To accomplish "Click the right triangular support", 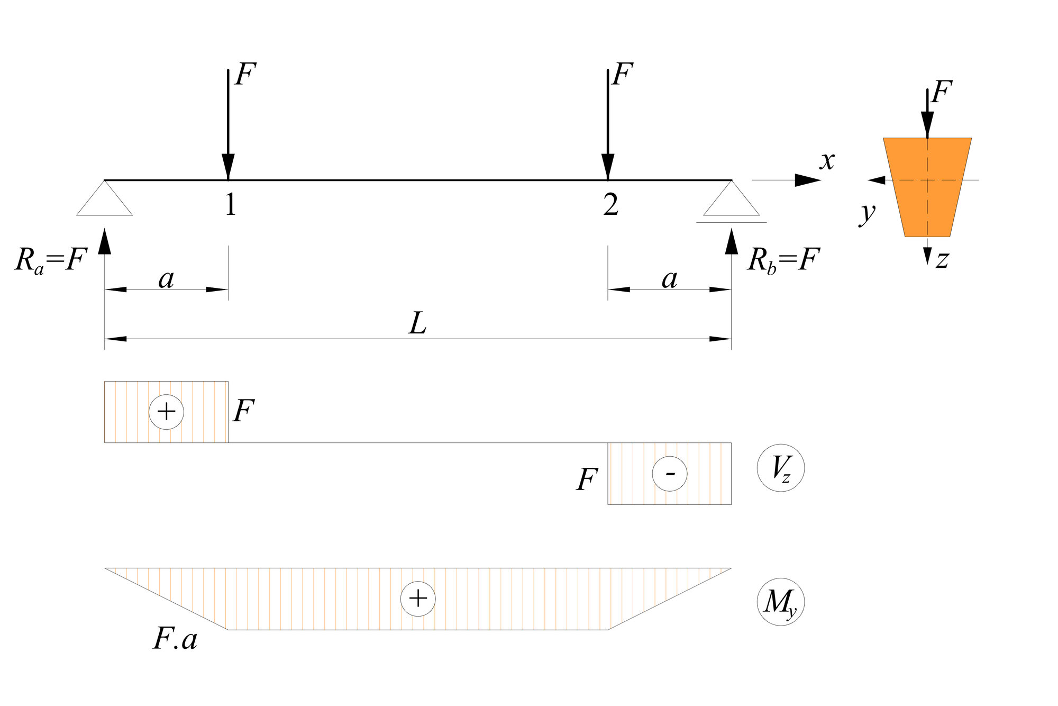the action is (732, 204).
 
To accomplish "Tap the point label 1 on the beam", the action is (231, 204).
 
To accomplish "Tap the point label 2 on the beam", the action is (611, 204).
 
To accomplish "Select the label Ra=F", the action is (51, 260).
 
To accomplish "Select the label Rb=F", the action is (783, 260).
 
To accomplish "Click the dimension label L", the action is (418, 323).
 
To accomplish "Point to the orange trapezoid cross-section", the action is (927, 187).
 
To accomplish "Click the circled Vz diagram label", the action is (781, 468).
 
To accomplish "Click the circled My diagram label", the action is (781, 602).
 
